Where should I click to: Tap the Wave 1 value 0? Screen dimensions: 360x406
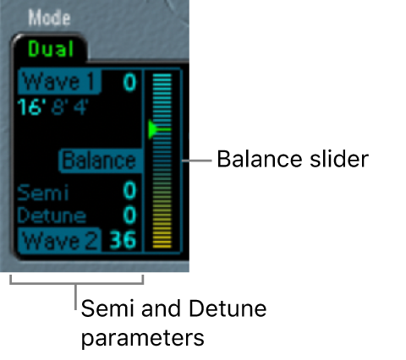coord(129,83)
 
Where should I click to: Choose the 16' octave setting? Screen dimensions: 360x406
coord(31,107)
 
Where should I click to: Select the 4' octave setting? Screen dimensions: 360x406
coord(79,107)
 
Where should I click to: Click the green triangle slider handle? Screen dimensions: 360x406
coord(153,129)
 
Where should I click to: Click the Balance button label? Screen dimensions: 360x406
coord(99,161)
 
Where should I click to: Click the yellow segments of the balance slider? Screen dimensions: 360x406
coord(161,232)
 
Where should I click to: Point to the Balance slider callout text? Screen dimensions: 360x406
coord(292,159)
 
